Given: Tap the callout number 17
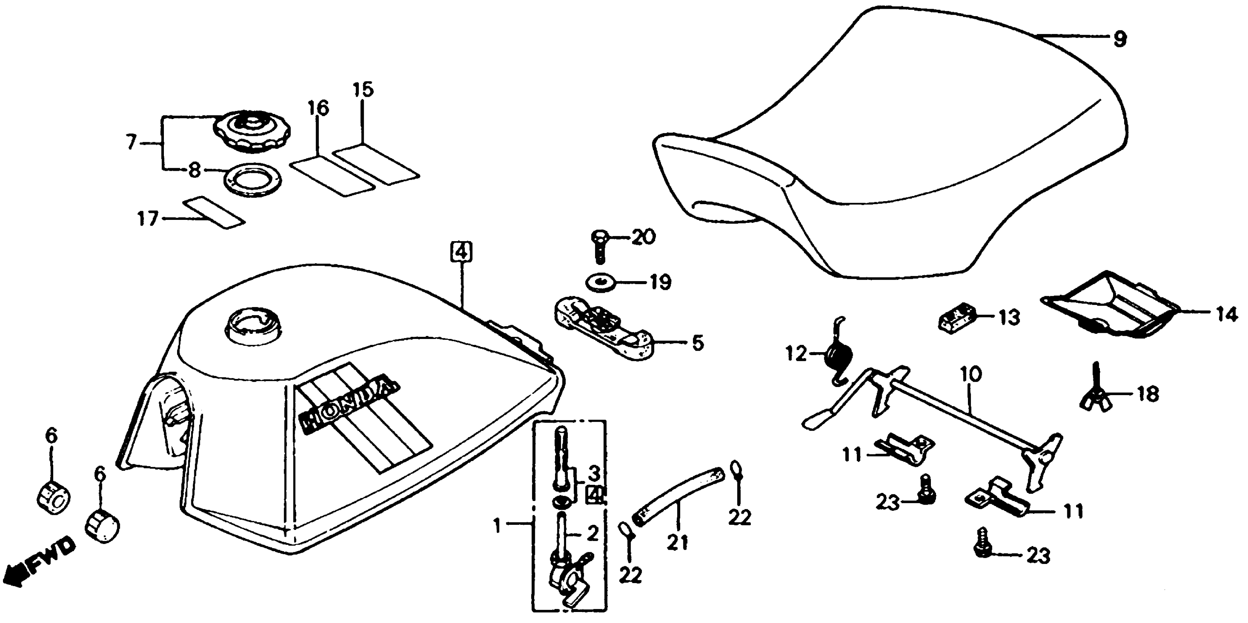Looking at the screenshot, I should tap(148, 219).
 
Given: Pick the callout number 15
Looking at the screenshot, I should tap(364, 90).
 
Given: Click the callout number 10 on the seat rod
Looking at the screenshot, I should tap(970, 374).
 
